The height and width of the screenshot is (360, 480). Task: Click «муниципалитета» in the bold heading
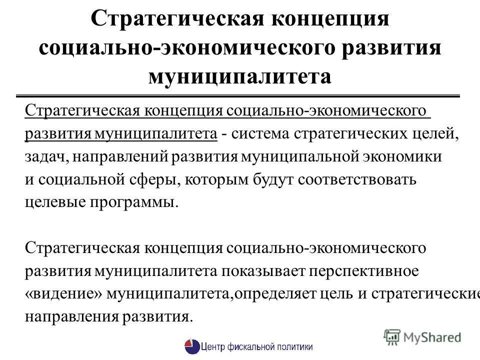(x=239, y=77)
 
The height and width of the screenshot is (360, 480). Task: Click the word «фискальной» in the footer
(x=248, y=346)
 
